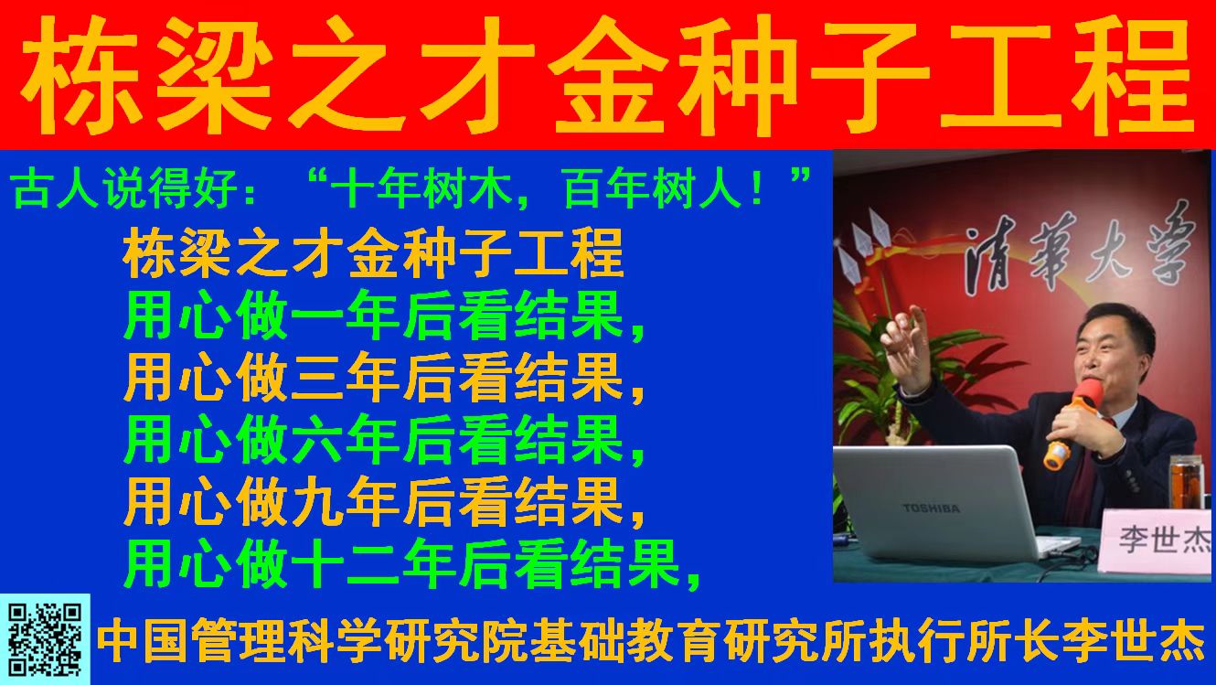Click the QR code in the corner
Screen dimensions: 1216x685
coord(45,639)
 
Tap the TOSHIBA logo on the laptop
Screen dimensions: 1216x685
coord(931,508)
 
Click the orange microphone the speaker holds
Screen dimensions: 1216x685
coord(1073,423)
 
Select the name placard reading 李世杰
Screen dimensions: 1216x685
coord(1157,541)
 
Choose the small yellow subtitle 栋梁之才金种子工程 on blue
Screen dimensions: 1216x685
coord(373,253)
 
